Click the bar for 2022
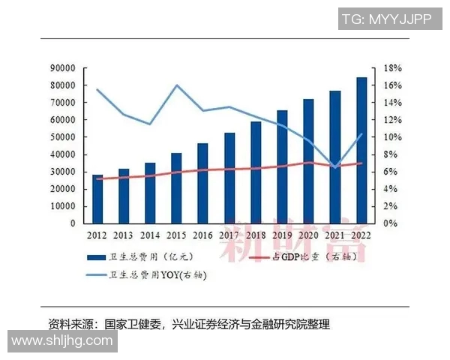[361, 150]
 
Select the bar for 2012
[97, 199]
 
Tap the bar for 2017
[229, 178]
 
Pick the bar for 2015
[176, 188]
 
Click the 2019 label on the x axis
[282, 235]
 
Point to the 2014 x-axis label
[150, 235]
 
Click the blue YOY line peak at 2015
[176, 85]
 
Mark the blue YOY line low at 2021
[335, 167]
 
